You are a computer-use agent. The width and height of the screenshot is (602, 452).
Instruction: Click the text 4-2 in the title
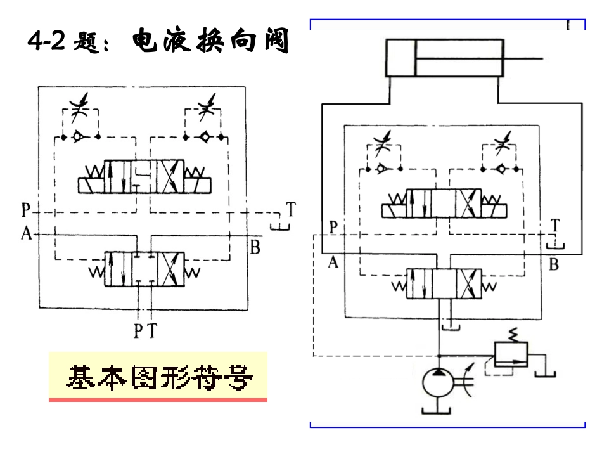pyautogui.click(x=48, y=42)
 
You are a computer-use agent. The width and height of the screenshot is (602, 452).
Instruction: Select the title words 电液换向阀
pyautogui.click(x=211, y=42)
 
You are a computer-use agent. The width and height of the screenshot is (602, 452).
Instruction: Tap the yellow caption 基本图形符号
pyautogui.click(x=158, y=378)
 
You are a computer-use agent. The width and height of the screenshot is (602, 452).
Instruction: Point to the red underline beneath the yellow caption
pyautogui.click(x=158, y=400)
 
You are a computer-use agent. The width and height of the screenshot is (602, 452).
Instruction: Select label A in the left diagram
pyautogui.click(x=27, y=235)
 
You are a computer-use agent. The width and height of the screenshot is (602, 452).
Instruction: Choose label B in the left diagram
pyautogui.click(x=255, y=247)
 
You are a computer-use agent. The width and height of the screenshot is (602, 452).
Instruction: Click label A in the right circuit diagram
pyautogui.click(x=333, y=262)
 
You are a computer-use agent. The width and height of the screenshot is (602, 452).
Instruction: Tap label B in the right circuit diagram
pyautogui.click(x=553, y=264)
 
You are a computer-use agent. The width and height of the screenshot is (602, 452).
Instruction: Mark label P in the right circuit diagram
pyautogui.click(x=333, y=226)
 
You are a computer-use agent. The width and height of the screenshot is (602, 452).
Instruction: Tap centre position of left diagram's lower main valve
pyautogui.click(x=144, y=269)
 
